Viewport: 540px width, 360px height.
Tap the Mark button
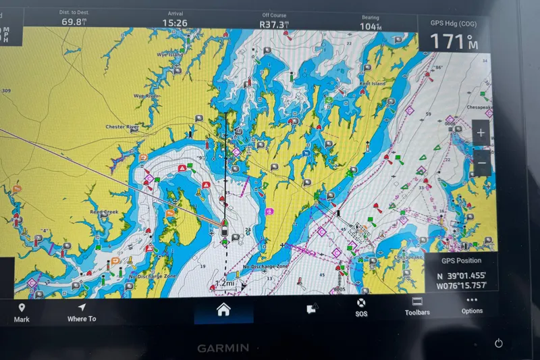[x=22, y=312]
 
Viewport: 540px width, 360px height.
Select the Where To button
[x=82, y=312]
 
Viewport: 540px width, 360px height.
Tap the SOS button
[x=361, y=307]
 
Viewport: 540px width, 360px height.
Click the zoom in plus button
[x=481, y=133]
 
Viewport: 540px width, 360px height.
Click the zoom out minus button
[x=481, y=163]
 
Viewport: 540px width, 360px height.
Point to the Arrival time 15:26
[x=175, y=22]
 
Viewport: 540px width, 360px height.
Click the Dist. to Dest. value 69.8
[x=74, y=22]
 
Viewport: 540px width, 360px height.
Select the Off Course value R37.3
[x=274, y=24]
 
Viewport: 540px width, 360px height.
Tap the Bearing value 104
[x=370, y=26]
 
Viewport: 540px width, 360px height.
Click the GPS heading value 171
[x=449, y=41]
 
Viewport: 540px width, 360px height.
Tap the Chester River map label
[x=122, y=126]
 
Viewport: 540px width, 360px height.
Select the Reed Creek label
[x=105, y=211]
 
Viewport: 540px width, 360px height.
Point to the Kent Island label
[x=372, y=84]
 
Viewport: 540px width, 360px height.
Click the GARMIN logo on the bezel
[x=223, y=349]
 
